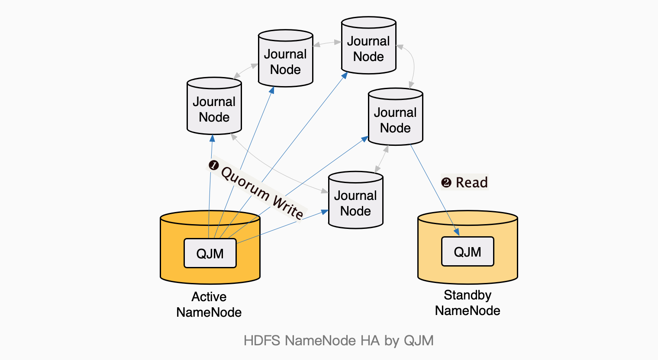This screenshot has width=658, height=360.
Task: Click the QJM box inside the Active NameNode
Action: [210, 254]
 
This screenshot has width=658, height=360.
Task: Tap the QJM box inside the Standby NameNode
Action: [468, 252]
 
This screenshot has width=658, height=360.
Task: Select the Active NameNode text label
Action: [209, 305]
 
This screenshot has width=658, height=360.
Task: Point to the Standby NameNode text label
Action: [468, 303]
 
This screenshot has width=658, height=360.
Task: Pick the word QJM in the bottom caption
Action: [419, 341]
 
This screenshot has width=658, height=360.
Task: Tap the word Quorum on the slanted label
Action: [245, 183]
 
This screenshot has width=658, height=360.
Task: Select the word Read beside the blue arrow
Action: [472, 183]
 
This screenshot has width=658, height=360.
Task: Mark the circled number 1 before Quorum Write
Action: [213, 165]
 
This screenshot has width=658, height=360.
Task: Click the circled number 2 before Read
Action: [446, 183]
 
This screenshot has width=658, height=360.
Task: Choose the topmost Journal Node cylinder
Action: [369, 46]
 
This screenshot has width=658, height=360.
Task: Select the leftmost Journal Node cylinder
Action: [214, 106]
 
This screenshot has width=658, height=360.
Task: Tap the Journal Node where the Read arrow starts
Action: [395, 117]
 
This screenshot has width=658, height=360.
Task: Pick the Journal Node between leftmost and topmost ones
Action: [285, 59]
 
